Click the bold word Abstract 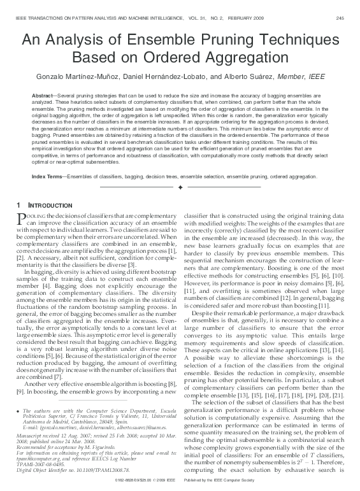click(43, 94)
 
